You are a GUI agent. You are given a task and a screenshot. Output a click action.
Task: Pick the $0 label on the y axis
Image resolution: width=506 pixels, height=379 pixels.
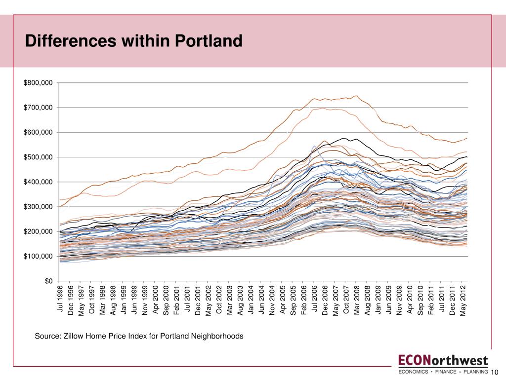(x=48, y=281)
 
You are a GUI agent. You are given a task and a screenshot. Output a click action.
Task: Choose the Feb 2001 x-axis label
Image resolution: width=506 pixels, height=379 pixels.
(x=177, y=299)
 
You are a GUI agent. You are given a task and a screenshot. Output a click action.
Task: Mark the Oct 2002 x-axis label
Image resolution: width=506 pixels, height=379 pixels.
(x=219, y=299)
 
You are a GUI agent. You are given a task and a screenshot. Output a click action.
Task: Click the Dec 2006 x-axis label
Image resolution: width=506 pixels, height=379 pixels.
(x=325, y=300)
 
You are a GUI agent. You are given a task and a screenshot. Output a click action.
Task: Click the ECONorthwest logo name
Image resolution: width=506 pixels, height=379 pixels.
(x=443, y=360)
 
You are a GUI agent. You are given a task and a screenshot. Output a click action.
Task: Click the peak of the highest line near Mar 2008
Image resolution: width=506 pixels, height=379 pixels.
(x=356, y=96)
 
